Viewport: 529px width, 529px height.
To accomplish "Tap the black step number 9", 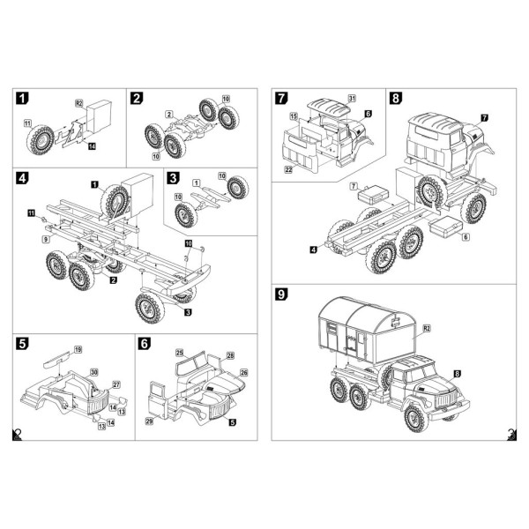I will pyautogui.click(x=280, y=294).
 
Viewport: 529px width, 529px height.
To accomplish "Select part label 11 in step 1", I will pyautogui.click(x=27, y=123).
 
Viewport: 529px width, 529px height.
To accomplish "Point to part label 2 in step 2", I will pyautogui.click(x=169, y=115).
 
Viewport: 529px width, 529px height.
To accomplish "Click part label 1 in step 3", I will pyautogui.click(x=195, y=181).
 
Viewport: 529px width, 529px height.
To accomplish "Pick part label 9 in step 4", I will pyautogui.click(x=45, y=239).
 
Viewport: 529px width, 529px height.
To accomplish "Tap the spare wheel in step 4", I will pyautogui.click(x=115, y=202).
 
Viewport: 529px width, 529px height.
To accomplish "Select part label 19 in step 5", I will pyautogui.click(x=78, y=350).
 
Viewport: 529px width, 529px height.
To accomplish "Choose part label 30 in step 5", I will pyautogui.click(x=94, y=372).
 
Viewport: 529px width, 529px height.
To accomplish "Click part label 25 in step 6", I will pyautogui.click(x=180, y=353).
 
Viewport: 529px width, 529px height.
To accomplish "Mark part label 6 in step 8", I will pyautogui.click(x=466, y=237).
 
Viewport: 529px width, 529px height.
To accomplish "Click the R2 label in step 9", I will pyautogui.click(x=426, y=328).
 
